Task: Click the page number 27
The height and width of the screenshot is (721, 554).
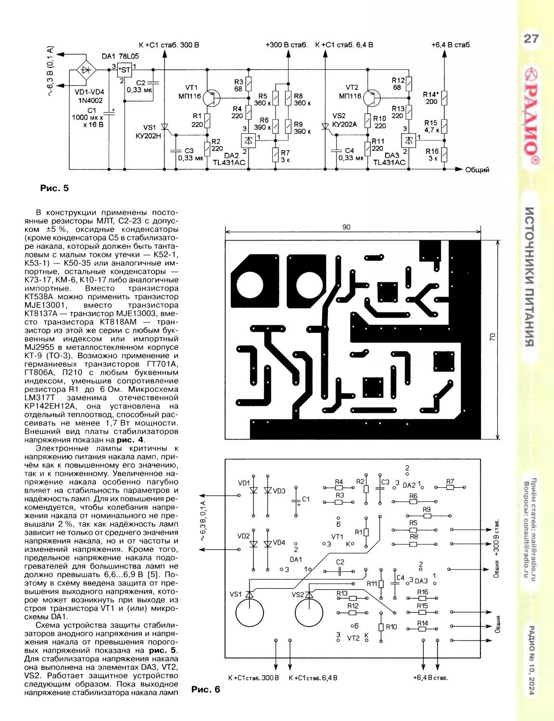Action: [531, 39]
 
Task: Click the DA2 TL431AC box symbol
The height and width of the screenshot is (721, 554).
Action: [248, 140]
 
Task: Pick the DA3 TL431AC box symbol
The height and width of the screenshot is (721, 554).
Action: [408, 140]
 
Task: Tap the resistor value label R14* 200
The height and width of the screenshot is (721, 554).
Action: [430, 98]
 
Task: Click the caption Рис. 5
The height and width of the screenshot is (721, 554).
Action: [54, 188]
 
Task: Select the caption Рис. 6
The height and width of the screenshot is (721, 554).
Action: [205, 689]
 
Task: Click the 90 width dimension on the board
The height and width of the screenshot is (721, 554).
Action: [346, 227]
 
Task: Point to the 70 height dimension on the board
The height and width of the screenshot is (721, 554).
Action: [492, 337]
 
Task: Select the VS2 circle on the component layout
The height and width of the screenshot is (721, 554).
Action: [309, 612]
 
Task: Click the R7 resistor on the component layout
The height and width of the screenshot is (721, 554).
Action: [450, 487]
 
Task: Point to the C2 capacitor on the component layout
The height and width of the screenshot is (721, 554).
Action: [340, 571]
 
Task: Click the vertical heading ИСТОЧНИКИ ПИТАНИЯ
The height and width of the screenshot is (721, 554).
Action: [529, 277]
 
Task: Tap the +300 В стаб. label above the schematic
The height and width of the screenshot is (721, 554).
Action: [286, 45]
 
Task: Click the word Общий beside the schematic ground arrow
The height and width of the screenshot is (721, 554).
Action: [477, 169]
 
